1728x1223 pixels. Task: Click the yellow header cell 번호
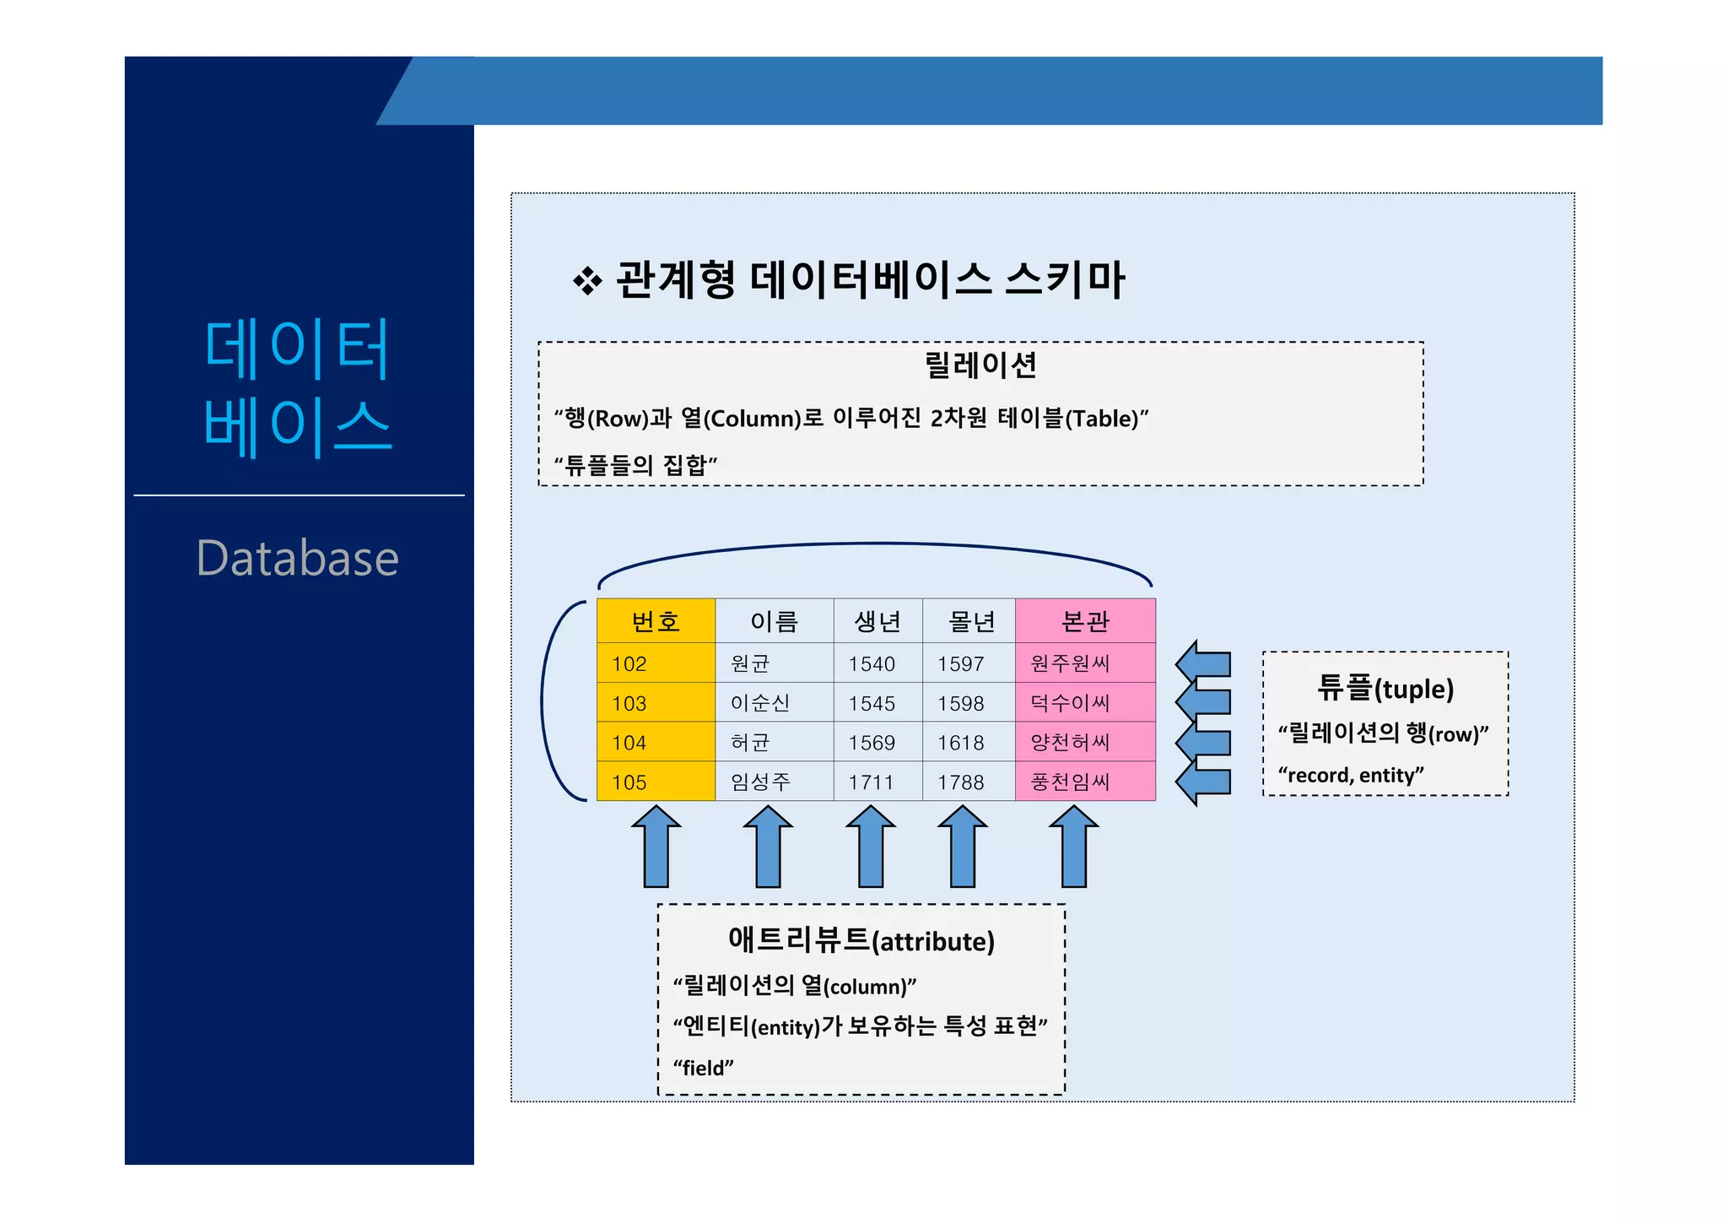pyautogui.click(x=656, y=621)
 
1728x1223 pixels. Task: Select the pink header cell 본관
pyautogui.click(x=1085, y=621)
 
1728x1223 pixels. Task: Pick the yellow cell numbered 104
pyautogui.click(x=656, y=742)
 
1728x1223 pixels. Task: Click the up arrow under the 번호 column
pyautogui.click(x=656, y=847)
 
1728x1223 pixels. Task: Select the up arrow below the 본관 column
pyautogui.click(x=1073, y=847)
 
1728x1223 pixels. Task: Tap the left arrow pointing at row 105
pyautogui.click(x=1203, y=782)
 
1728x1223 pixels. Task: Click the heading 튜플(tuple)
pyautogui.click(x=1385, y=688)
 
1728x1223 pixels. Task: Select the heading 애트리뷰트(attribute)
pyautogui.click(x=861, y=939)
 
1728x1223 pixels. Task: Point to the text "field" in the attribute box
pyautogui.click(x=703, y=1068)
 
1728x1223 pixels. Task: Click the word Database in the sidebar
pyautogui.click(x=297, y=559)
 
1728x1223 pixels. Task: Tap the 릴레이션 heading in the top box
pyautogui.click(x=980, y=365)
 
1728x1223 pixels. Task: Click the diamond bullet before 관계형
pyautogui.click(x=587, y=281)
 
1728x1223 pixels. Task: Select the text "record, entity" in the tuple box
pyautogui.click(x=1351, y=775)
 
